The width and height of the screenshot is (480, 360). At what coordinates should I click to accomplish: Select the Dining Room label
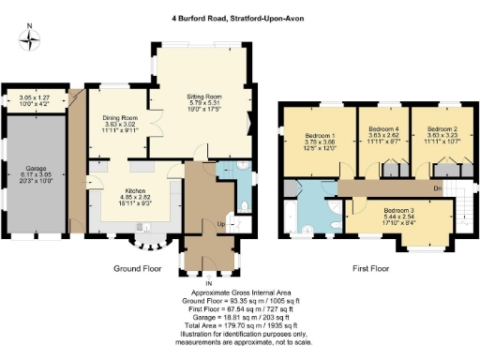(119, 118)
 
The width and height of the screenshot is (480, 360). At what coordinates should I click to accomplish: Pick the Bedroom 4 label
(383, 127)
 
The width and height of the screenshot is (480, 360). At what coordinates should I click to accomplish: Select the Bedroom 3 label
(398, 210)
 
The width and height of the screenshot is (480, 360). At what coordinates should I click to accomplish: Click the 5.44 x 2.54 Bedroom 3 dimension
(398, 217)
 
